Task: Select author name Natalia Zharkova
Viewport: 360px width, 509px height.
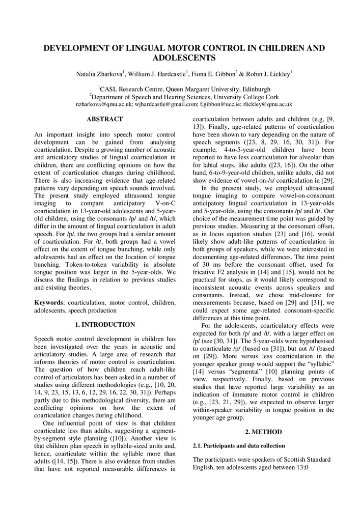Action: tap(96, 74)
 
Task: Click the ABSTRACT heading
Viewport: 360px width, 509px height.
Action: tap(105, 119)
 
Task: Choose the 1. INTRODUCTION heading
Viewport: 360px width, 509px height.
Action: tap(105, 324)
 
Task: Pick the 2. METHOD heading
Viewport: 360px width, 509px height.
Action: tap(263, 432)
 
